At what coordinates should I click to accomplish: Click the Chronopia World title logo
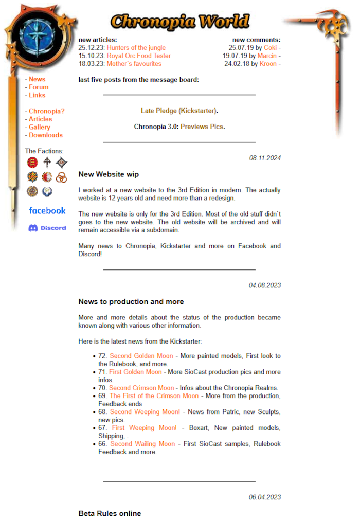coord(179,22)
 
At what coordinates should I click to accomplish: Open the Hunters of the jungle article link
coord(136,48)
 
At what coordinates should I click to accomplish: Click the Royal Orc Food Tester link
coord(138,56)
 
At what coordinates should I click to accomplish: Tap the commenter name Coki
coord(270,48)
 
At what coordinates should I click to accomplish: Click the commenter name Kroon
coord(268,64)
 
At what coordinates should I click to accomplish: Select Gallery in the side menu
coord(39,127)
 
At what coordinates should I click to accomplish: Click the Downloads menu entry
coord(45,135)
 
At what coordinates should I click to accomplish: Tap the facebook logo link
coord(47,210)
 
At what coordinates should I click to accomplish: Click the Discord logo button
coord(47,228)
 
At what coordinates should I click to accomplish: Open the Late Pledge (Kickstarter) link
coord(178,111)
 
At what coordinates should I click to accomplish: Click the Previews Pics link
coord(202,127)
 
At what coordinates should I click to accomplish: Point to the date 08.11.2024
coord(265,158)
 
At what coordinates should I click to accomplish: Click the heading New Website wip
coord(109,174)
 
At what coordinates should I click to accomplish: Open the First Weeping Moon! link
coord(144,428)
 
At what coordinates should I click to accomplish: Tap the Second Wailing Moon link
coord(142,444)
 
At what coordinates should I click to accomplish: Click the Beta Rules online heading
coord(110,513)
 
